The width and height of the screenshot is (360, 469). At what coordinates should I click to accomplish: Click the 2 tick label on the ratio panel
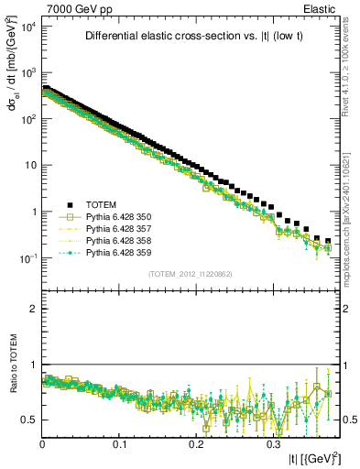click(x=33, y=309)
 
